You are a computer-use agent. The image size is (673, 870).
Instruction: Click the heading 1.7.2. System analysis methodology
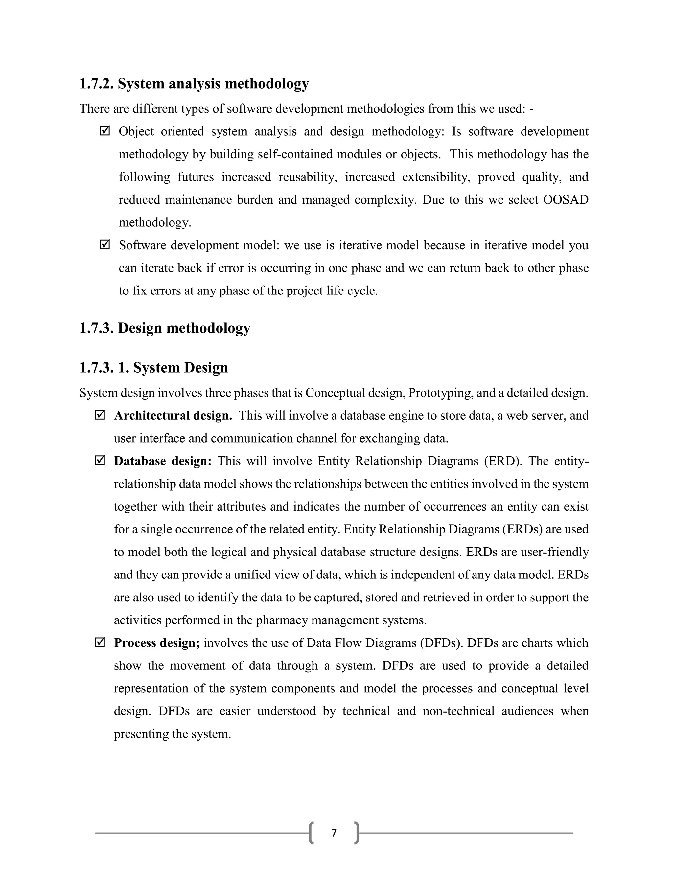point(194,84)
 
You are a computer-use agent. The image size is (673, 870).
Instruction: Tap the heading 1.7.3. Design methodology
point(165,328)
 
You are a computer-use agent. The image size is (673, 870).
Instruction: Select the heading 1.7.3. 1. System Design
point(153,368)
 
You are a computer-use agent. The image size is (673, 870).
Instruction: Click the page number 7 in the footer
point(334,833)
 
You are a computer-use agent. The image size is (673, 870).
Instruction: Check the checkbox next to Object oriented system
point(104,131)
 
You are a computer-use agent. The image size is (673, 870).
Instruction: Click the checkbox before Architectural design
point(100,415)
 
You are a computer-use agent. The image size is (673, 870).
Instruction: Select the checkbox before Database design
point(100,461)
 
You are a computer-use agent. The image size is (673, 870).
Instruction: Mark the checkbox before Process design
point(100,642)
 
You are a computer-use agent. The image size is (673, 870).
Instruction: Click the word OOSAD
point(566,200)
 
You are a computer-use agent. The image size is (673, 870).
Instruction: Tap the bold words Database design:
point(163,461)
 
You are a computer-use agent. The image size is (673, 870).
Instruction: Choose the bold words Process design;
point(157,643)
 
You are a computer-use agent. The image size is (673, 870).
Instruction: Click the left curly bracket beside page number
point(311,833)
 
